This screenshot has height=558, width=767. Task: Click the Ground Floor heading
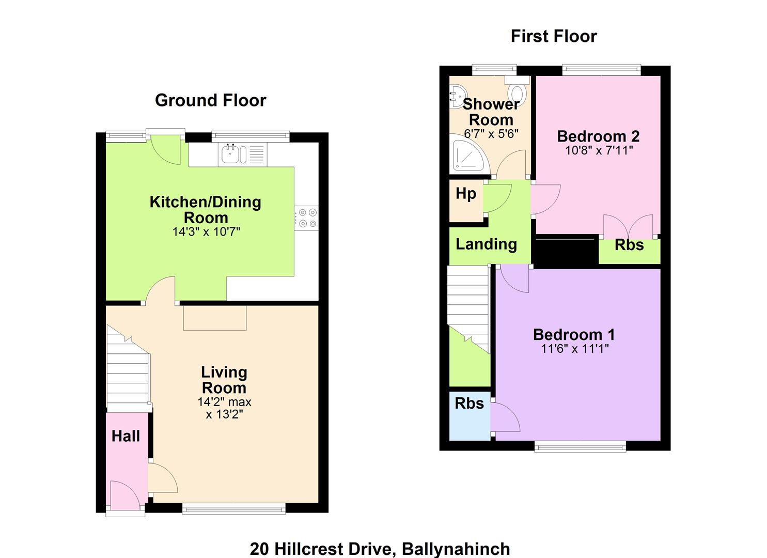pyautogui.click(x=211, y=100)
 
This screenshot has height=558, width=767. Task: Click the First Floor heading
pyautogui.click(x=554, y=36)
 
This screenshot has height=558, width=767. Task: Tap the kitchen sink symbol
pyautogui.click(x=234, y=154)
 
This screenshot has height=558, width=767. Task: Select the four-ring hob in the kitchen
pyautogui.click(x=306, y=218)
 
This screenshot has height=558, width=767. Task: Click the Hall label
pyautogui.click(x=126, y=436)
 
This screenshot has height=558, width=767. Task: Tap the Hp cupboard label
pyautogui.click(x=466, y=194)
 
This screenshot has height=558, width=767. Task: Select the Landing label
pyautogui.click(x=486, y=244)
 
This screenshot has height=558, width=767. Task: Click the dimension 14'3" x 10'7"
pyautogui.click(x=206, y=232)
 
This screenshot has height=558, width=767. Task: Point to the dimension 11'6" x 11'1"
pyautogui.click(x=575, y=349)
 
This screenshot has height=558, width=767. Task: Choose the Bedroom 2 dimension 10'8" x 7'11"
pyautogui.click(x=599, y=150)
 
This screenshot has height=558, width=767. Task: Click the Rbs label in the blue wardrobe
pyautogui.click(x=469, y=404)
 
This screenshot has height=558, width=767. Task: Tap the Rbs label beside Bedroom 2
pyautogui.click(x=629, y=245)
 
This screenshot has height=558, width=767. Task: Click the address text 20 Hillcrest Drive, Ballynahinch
pyautogui.click(x=380, y=549)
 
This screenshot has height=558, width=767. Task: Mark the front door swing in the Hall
pyautogui.click(x=124, y=495)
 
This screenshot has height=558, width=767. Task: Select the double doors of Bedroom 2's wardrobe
pyautogui.click(x=628, y=226)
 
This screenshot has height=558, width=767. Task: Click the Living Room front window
pyautogui.click(x=234, y=508)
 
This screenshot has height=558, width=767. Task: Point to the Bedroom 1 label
pyautogui.click(x=574, y=335)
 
